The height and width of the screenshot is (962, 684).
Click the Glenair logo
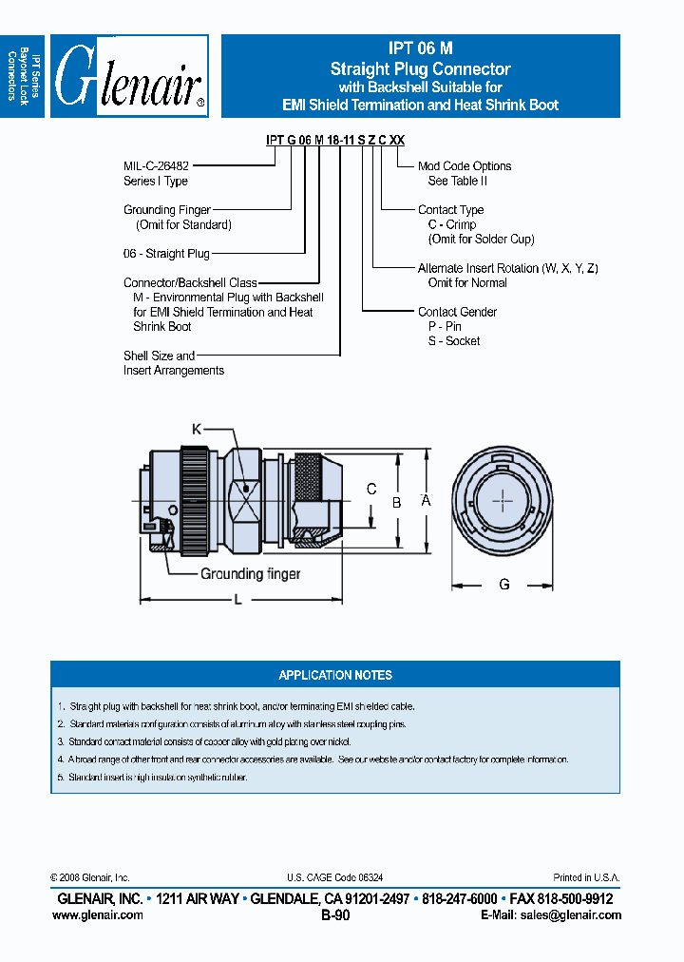click(128, 76)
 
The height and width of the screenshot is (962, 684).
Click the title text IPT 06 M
click(420, 50)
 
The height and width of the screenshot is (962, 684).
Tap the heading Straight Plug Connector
click(420, 68)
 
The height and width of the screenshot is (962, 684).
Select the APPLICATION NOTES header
click(335, 675)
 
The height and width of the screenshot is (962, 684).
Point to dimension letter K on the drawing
click(197, 430)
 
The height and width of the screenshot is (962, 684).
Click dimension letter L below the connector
click(237, 599)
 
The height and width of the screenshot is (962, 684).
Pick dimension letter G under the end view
click(504, 584)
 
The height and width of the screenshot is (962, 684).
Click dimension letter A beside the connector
click(427, 500)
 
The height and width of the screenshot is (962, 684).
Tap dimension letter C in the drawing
click(371, 490)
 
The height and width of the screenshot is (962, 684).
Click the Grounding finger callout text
click(250, 573)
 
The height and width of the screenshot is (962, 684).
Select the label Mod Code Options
click(465, 166)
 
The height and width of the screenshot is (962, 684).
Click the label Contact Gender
click(457, 312)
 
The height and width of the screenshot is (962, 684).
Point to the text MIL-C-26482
click(158, 166)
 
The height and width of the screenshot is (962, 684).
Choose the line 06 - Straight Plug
click(166, 254)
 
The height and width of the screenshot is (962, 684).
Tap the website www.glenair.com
click(98, 914)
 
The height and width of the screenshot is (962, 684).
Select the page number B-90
click(336, 915)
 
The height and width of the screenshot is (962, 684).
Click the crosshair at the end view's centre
click(503, 500)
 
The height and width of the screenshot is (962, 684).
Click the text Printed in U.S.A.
click(586, 877)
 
